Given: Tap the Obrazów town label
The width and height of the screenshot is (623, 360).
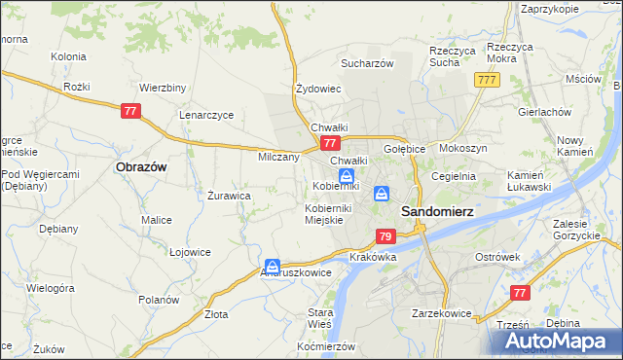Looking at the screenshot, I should click(141, 166).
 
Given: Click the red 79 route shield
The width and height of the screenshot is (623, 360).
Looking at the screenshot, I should click(385, 236).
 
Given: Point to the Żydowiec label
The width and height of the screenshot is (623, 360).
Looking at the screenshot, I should click(317, 89).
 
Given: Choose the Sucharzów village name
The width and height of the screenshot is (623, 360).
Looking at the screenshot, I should click(366, 64).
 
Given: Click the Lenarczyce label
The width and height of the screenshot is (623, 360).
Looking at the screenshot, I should click(206, 115).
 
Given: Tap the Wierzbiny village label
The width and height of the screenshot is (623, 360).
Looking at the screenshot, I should click(163, 87).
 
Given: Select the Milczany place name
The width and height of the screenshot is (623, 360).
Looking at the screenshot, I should click(278, 157).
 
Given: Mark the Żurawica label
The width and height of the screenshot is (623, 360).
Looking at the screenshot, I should click(230, 196).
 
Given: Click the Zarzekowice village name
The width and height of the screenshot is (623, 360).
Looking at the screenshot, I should click(442, 314).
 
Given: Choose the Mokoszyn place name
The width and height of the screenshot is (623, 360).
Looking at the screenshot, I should click(462, 149).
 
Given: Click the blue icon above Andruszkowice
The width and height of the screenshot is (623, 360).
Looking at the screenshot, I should click(274, 266).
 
